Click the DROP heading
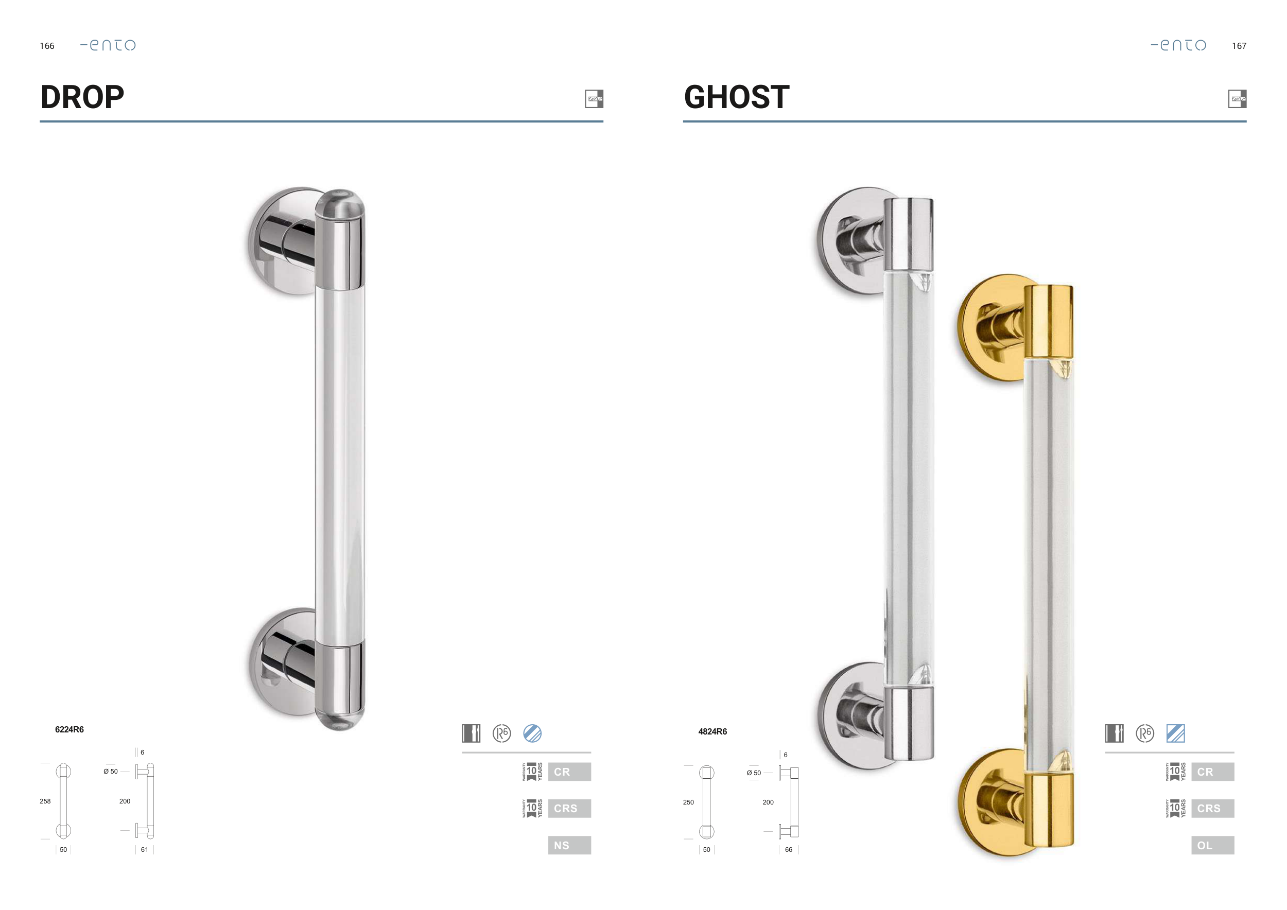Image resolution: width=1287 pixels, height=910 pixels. pyautogui.click(x=82, y=97)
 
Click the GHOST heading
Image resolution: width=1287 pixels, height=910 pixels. pyautogui.click(x=737, y=97)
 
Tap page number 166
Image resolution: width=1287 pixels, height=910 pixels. pyautogui.click(x=47, y=46)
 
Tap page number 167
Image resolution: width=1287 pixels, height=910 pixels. pyautogui.click(x=1239, y=46)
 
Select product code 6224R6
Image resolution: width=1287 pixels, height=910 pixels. pyautogui.click(x=69, y=729)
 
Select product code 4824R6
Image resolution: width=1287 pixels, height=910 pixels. pyautogui.click(x=712, y=731)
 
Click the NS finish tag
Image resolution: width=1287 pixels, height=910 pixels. pyautogui.click(x=569, y=845)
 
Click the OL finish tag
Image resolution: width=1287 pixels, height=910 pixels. pyautogui.click(x=1212, y=845)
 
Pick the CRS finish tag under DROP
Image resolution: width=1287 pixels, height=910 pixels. pyautogui.click(x=569, y=809)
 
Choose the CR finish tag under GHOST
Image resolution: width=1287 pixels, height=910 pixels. pyautogui.click(x=1212, y=772)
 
